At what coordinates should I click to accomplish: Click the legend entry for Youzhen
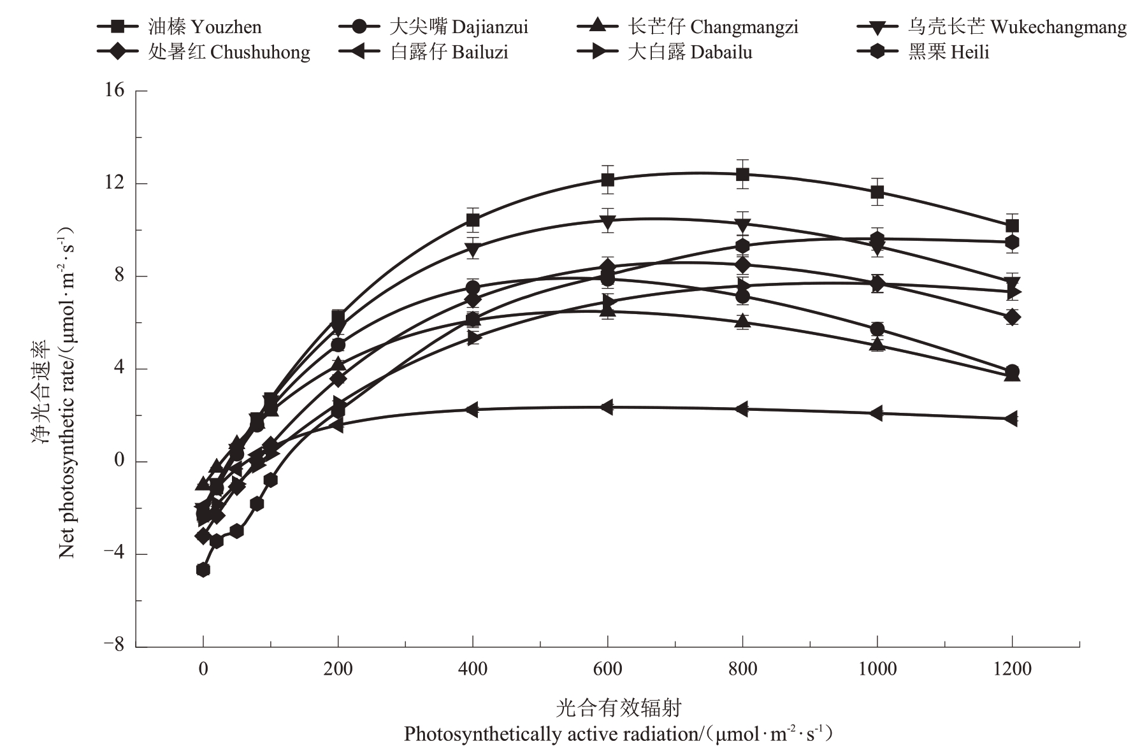pos(180,27)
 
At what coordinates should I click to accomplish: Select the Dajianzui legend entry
pos(433,27)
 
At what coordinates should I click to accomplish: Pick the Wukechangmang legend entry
pos(992,27)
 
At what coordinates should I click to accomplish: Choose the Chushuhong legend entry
pos(204,52)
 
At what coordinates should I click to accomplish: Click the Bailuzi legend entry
pos(424,52)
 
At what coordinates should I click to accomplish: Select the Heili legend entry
pos(923,52)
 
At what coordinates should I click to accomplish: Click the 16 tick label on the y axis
pos(115,90)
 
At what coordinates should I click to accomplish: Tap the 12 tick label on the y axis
pos(115,183)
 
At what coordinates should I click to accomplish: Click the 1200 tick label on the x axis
pos(1011,668)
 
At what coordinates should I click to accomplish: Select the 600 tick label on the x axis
pos(607,668)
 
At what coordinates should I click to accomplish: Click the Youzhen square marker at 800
pos(742,174)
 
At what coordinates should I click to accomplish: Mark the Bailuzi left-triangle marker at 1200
pos(1011,419)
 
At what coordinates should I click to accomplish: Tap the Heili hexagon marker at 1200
pos(1011,242)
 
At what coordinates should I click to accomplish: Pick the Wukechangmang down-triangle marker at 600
pos(607,221)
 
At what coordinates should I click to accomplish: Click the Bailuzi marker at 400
pos(472,410)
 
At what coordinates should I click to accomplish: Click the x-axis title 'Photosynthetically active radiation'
pos(618,734)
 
